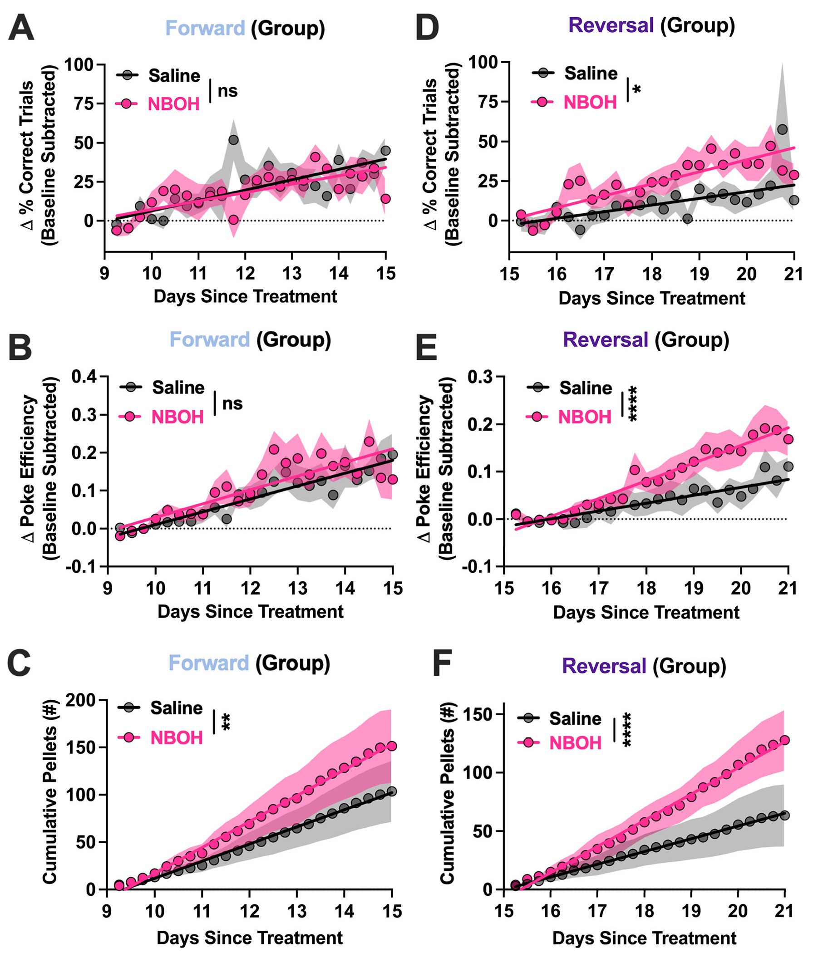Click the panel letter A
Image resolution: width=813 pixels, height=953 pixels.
click(21, 29)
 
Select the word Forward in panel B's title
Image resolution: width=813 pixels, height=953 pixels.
click(210, 340)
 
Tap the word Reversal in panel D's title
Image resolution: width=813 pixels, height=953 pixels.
click(611, 25)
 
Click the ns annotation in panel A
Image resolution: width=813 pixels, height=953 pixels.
click(227, 91)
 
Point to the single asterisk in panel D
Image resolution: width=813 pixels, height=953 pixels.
click(637, 89)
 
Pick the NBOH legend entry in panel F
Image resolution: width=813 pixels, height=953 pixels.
click(575, 743)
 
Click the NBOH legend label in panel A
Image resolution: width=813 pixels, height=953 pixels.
click(173, 104)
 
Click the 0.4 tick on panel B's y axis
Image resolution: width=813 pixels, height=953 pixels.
click(84, 377)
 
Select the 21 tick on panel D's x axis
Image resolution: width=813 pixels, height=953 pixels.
click(793, 274)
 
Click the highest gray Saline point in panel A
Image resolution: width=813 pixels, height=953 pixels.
click(234, 140)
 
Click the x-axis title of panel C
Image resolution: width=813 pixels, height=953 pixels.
click(249, 938)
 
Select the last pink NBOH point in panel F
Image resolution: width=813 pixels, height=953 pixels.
click(784, 740)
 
